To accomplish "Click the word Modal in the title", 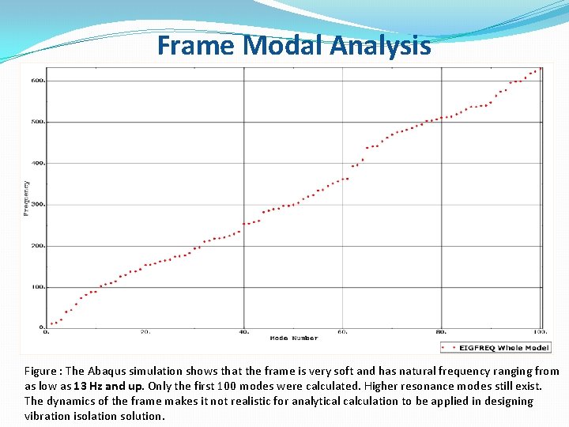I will pos(284,45).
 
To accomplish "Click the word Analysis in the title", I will pos(381,45).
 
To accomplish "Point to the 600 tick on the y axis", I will pos(37,81).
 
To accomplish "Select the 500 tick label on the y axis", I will pos(37,122).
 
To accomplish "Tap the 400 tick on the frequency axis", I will pos(37,163).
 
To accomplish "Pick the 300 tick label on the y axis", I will pos(37,204).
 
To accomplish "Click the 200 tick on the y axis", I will pos(37,246).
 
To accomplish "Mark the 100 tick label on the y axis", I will pos(37,287).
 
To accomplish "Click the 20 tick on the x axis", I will pos(145,332).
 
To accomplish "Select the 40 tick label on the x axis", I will pos(244,332).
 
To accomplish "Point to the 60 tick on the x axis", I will pos(343,332).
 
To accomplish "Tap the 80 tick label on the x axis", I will pos(442,332).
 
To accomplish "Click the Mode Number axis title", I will pos(293,338).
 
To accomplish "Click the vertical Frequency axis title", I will pos(26,198).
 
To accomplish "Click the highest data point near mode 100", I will pos(540,69).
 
